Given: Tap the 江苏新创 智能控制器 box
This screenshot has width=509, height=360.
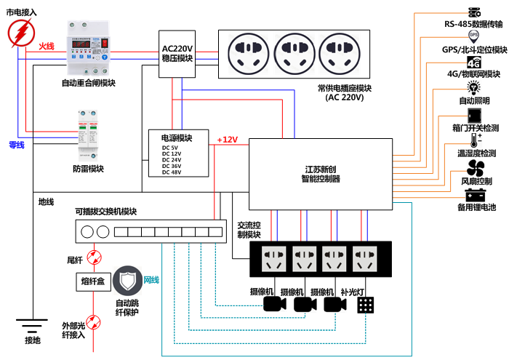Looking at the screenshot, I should tap(321, 175).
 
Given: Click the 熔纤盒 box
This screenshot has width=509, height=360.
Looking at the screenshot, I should tap(92, 281).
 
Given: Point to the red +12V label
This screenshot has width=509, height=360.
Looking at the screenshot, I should tap(228, 140).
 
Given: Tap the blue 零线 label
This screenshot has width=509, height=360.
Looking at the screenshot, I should tap(16, 145).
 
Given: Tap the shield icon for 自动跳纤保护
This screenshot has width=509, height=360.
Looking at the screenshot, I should tap(127, 280).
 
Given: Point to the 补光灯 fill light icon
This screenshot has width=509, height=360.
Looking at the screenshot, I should tap(366, 305).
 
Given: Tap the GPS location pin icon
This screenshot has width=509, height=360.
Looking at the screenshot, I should tap(474, 36).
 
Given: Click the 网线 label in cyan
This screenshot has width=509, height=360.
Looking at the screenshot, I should tap(151, 280).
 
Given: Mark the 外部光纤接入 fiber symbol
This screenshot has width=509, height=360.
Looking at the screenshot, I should tap(92, 321).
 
